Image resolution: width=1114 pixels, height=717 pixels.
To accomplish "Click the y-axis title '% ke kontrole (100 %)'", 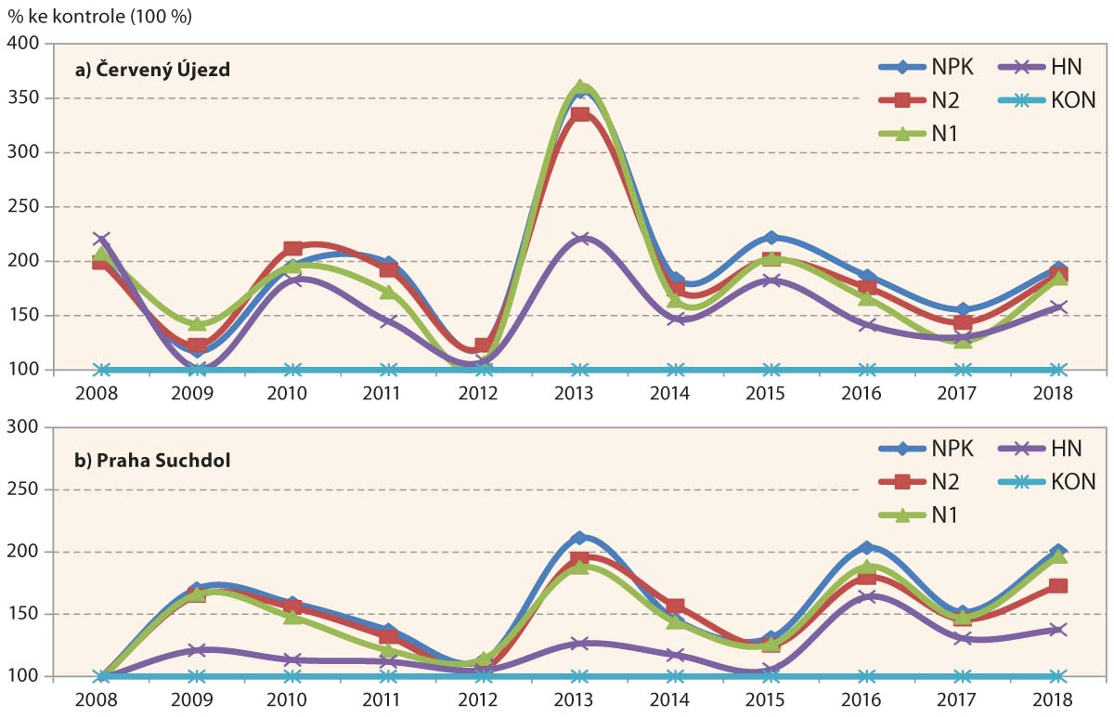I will [x=101, y=16].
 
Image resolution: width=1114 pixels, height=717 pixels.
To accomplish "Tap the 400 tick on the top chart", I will [x=27, y=44].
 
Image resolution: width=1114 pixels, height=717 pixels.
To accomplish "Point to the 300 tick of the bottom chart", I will [x=27, y=427].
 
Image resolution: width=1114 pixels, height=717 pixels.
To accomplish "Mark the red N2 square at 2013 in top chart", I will [x=580, y=114].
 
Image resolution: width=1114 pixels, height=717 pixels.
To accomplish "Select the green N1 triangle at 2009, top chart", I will [x=198, y=323].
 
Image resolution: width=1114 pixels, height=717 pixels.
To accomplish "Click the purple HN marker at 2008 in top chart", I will [x=101, y=240].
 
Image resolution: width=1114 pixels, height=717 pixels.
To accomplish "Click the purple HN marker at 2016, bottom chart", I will [x=865, y=596].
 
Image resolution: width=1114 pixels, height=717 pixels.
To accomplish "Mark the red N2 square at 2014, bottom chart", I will [x=676, y=606].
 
